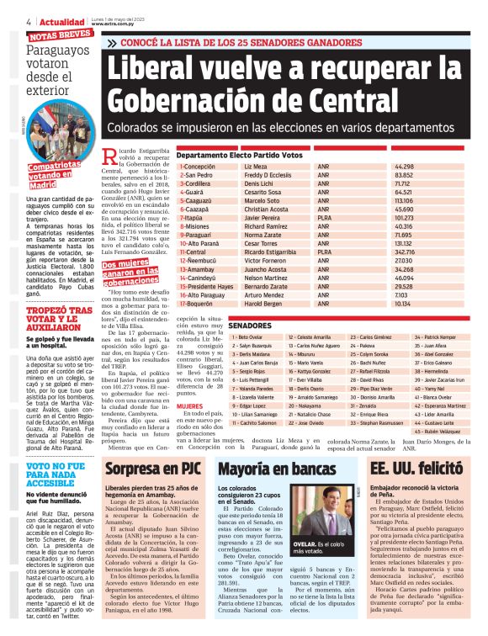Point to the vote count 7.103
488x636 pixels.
click(x=426, y=294)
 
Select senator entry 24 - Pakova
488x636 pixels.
click(x=367, y=345)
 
